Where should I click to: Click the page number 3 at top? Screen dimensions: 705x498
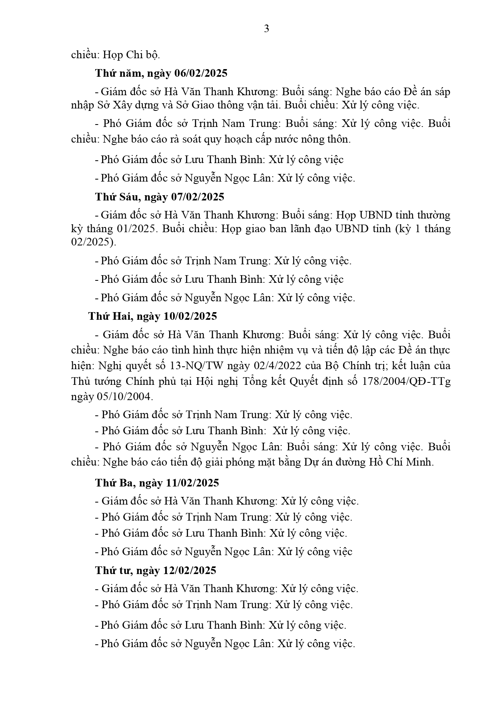click(x=266, y=29)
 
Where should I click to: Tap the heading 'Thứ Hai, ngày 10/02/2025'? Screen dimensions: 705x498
click(x=153, y=316)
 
